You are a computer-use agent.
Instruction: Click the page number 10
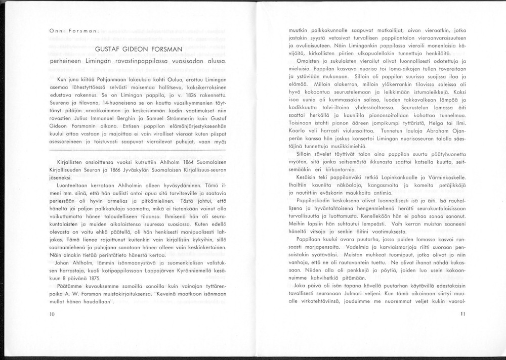pyautogui.click(x=52, y=314)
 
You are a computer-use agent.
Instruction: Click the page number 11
pyautogui.click(x=462, y=314)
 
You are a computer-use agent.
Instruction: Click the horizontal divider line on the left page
pyautogui.click(x=139, y=151)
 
